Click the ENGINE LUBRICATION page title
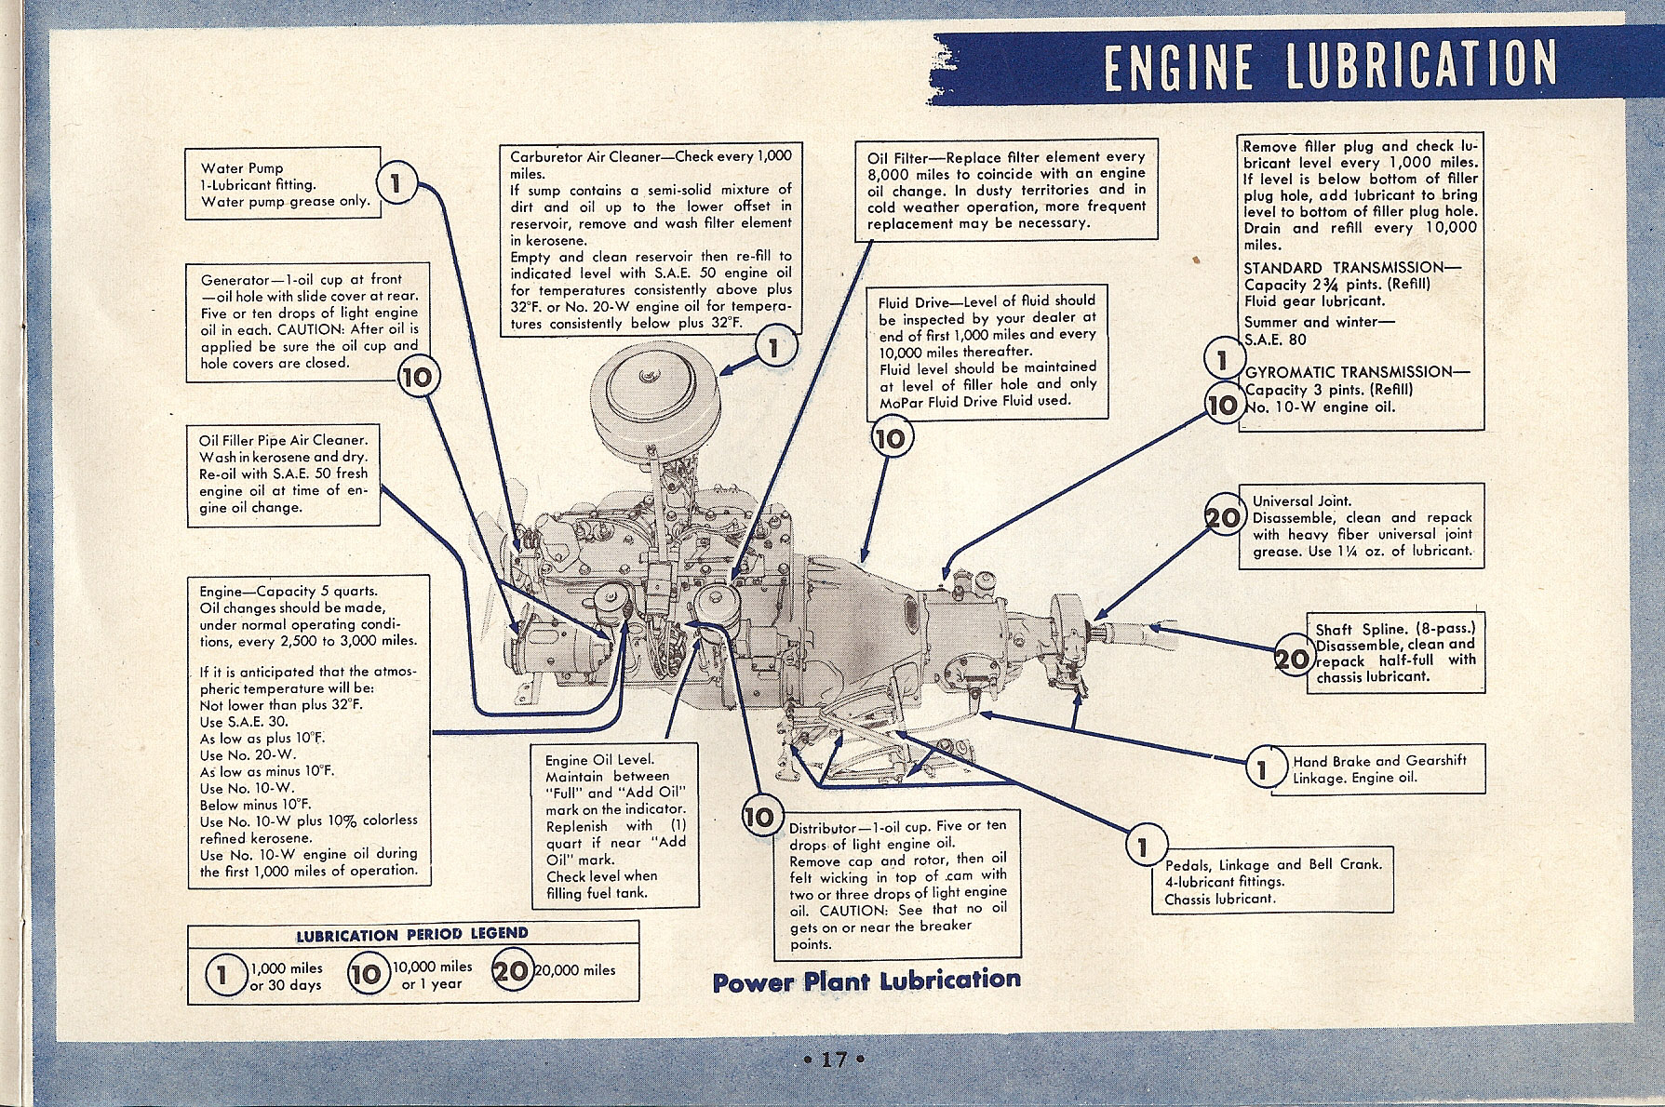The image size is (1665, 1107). point(1330,64)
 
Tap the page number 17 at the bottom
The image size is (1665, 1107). point(833,1060)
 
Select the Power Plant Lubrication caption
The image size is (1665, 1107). point(866,980)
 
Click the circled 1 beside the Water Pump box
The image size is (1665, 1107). point(397,183)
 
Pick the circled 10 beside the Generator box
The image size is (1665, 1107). point(418,377)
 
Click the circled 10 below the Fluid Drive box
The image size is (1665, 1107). point(892,437)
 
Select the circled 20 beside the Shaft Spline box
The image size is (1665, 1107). point(1293,659)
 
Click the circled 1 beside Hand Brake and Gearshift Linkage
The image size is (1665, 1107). point(1263,768)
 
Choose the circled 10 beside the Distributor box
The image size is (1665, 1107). point(759,817)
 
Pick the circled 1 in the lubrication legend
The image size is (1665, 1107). point(222,976)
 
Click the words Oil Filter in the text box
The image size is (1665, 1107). point(897,157)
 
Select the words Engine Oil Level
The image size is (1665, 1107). point(599,760)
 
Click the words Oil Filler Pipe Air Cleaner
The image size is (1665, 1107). point(283,440)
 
